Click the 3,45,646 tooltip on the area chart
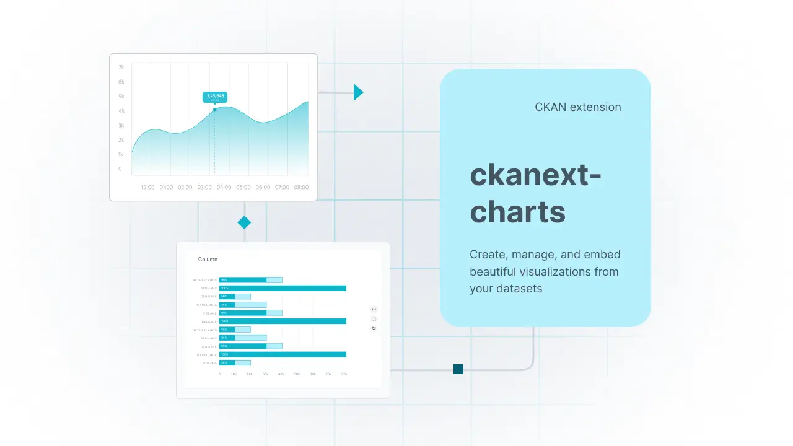pyautogui.click(x=215, y=97)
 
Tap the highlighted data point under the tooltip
pyautogui.click(x=215, y=110)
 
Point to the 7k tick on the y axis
pyautogui.click(x=121, y=67)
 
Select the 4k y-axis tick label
pyautogui.click(x=121, y=111)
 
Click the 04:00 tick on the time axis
pyautogui.click(x=224, y=187)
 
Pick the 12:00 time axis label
pyautogui.click(x=147, y=187)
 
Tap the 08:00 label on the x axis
pyautogui.click(x=301, y=187)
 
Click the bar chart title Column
pyautogui.click(x=208, y=260)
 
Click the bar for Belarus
pyautogui.click(x=283, y=321)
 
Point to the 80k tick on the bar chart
pyautogui.click(x=344, y=374)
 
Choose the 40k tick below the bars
pyautogui.click(x=281, y=374)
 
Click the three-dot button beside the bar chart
pyautogui.click(x=374, y=309)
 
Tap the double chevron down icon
pyautogui.click(x=374, y=329)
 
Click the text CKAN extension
pyautogui.click(x=577, y=107)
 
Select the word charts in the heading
pyautogui.click(x=517, y=212)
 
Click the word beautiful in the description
pyautogui.click(x=497, y=271)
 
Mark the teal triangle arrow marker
pyautogui.click(x=358, y=92)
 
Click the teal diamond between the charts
pyautogui.click(x=244, y=222)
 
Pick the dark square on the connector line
pyautogui.click(x=458, y=369)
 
